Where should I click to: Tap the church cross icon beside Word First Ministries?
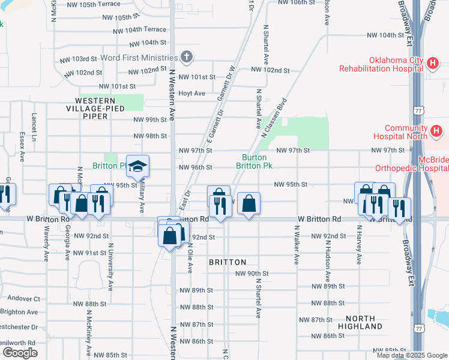[187, 58]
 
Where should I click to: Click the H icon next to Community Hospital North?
[436, 130]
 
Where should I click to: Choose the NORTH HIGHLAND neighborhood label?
[364, 322]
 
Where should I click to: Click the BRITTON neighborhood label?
[228, 262]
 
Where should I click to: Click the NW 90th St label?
[253, 274]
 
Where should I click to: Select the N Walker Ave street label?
[297, 245]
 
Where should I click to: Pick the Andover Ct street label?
[20, 298]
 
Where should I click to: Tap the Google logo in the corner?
[20, 353]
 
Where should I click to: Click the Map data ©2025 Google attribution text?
[411, 355]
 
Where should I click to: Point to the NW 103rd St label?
[79, 59]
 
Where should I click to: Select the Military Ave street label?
[142, 197]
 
